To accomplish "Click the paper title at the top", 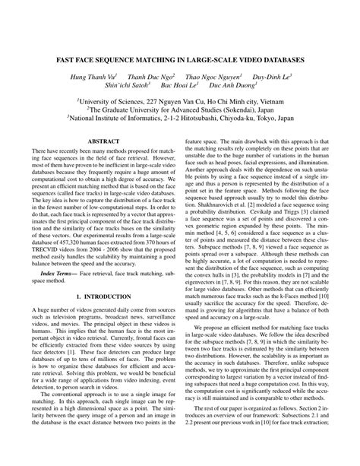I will (180, 58).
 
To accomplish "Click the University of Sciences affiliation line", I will (180, 100).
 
